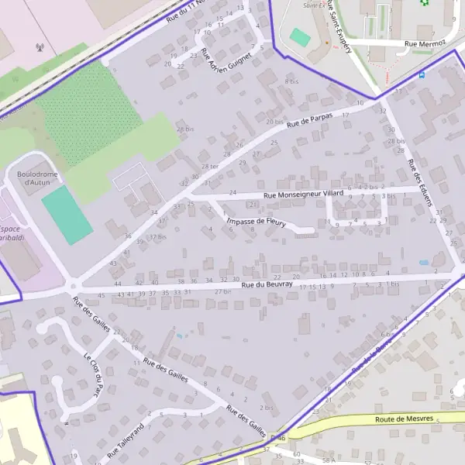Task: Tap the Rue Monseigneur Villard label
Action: (303, 195)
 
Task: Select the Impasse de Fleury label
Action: (257, 223)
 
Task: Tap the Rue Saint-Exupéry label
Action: (339, 26)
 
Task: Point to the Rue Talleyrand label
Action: (126, 439)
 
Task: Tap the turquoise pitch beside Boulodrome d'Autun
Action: (67, 215)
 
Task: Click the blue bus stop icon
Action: (421, 75)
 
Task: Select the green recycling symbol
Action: (424, 2)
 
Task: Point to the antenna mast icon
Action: (40, 48)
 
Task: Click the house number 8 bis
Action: (291, 81)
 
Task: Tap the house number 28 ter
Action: (209, 167)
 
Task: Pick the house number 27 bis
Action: (222, 291)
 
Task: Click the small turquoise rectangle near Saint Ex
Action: (300, 36)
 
